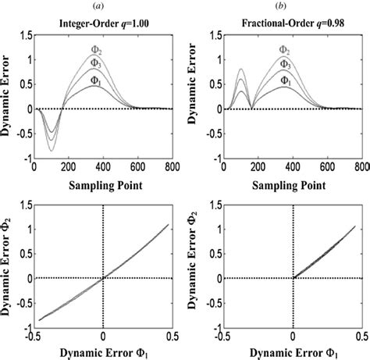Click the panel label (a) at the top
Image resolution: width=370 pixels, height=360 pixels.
(x=101, y=6)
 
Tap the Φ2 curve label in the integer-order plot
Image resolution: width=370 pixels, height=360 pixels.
(x=98, y=52)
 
